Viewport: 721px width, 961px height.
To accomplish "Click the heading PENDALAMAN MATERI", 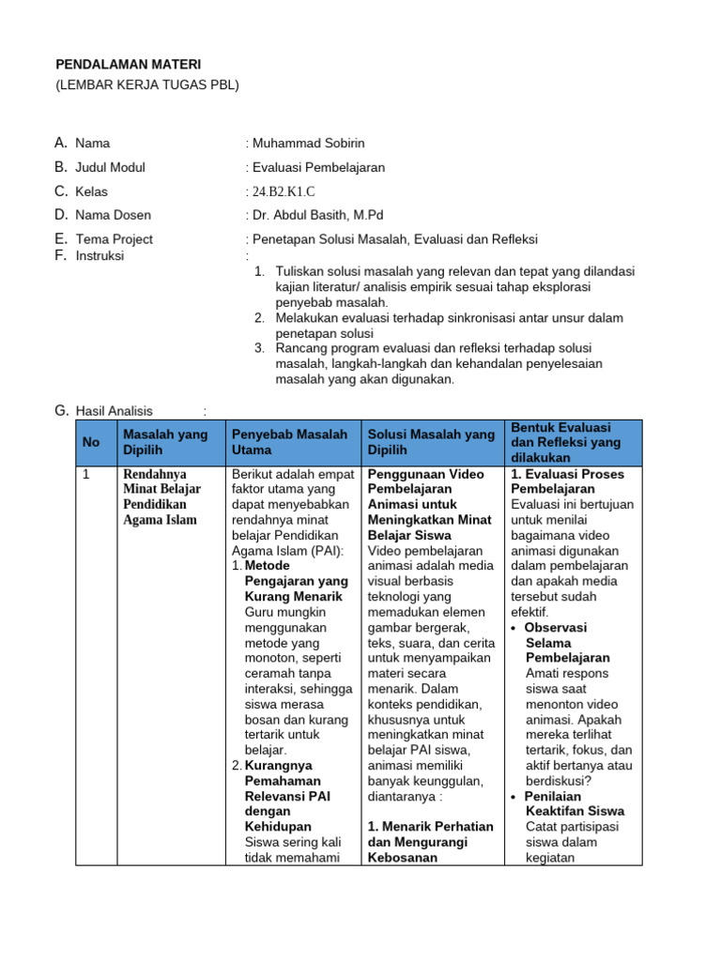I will pos(129,64).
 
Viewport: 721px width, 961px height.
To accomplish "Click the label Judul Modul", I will pos(110,167).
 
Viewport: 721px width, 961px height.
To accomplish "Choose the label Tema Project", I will pos(114,239).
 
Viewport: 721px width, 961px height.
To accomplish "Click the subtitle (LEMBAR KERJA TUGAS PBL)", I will pos(147,84).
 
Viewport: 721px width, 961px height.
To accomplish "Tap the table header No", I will pos(91,442).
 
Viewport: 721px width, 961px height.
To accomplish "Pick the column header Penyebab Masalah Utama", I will pos(290,442).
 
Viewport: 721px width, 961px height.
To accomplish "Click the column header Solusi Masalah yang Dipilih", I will pos(431,442).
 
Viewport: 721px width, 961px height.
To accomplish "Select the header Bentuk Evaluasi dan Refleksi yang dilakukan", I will pos(566,442).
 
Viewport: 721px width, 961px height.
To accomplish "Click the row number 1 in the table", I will pos(86,475).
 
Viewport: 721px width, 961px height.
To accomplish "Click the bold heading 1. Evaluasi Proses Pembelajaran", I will pos(567,481).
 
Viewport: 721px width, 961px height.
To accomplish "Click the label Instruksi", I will pos(100,255).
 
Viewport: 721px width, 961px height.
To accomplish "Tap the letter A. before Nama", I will pos(61,143).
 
